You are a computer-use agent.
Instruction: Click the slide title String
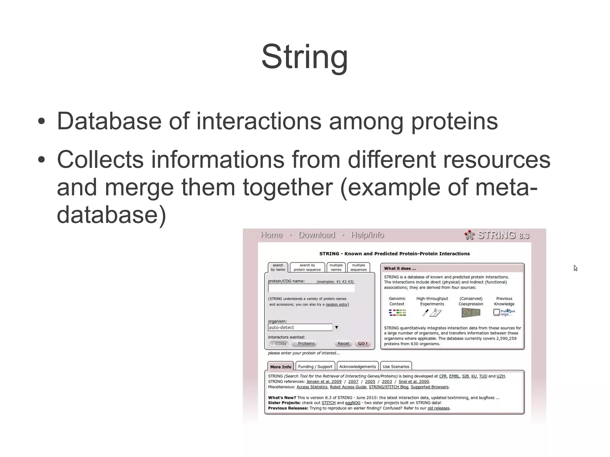click(x=304, y=57)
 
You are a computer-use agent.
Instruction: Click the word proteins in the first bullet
click(x=454, y=121)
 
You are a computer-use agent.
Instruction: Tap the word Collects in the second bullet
click(x=100, y=159)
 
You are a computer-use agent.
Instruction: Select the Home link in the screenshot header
click(x=271, y=235)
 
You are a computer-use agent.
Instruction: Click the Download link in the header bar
click(x=317, y=235)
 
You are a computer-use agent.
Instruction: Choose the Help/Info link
click(x=367, y=235)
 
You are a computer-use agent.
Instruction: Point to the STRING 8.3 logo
click(x=497, y=235)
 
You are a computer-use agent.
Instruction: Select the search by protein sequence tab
click(x=307, y=267)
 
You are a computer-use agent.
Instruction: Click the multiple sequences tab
click(x=358, y=267)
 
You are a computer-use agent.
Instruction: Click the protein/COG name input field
click(x=311, y=288)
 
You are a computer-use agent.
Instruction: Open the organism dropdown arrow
click(x=336, y=327)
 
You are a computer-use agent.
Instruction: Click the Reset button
click(x=343, y=344)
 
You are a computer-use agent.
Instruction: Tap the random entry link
click(x=336, y=304)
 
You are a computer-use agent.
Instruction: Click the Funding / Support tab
click(x=315, y=366)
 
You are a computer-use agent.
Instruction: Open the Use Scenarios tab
click(x=396, y=366)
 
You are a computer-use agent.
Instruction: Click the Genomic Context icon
click(x=397, y=313)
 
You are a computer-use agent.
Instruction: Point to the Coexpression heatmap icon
click(x=471, y=313)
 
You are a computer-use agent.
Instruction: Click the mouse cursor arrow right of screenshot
click(x=575, y=268)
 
